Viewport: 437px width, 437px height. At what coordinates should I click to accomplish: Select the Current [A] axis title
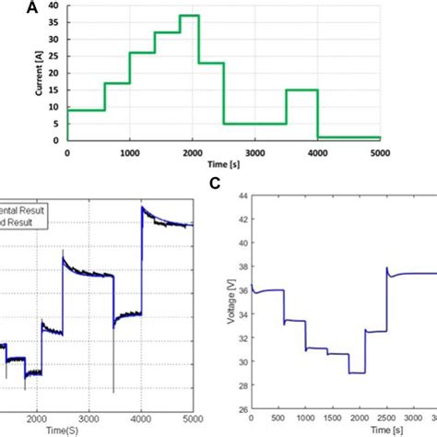coord(37,72)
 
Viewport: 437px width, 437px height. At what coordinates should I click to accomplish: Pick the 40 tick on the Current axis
coord(57,6)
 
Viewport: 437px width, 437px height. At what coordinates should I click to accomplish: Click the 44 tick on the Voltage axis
coord(242,195)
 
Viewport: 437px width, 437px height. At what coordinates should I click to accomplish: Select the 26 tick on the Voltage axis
coord(242,410)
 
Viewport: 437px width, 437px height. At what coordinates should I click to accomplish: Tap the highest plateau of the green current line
coord(189,16)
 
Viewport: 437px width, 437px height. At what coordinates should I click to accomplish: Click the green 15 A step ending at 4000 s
coord(301,89)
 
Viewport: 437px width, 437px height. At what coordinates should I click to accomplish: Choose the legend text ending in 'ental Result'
coord(23,210)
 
